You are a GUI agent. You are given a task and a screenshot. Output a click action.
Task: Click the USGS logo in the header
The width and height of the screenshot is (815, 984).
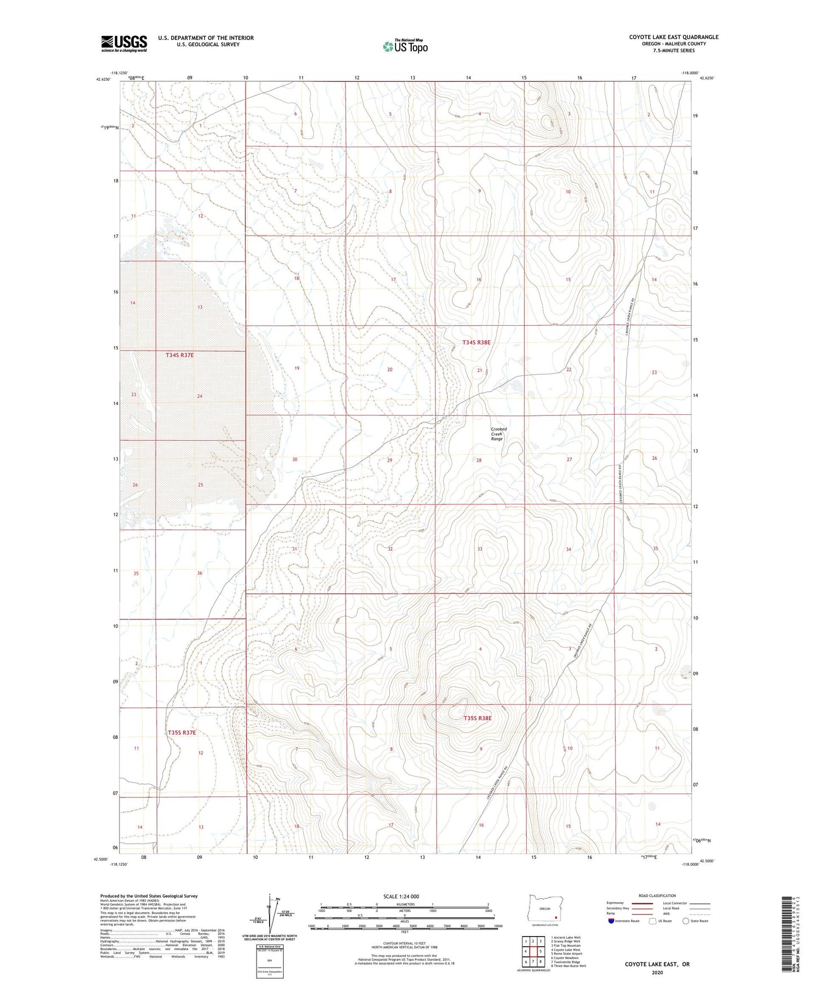point(124,43)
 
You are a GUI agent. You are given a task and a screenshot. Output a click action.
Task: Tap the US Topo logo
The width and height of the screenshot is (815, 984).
point(404,46)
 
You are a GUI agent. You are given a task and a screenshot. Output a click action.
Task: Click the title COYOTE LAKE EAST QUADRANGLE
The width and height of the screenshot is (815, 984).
point(673,37)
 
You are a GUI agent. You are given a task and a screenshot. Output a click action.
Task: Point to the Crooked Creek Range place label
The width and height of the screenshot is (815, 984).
point(499,433)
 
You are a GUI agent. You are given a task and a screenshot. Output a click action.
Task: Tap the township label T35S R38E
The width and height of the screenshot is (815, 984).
point(478,718)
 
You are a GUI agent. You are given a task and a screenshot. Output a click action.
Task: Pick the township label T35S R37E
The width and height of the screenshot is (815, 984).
point(182,733)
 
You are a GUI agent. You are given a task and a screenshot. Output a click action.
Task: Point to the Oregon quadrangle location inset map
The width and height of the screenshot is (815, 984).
point(544,910)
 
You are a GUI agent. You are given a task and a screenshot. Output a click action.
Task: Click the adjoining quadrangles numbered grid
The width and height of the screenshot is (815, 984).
point(532,952)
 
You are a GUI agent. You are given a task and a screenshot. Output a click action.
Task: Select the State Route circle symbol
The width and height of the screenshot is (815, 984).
point(685,921)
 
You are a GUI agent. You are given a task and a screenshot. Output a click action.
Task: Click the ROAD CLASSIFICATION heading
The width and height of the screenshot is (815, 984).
point(657,896)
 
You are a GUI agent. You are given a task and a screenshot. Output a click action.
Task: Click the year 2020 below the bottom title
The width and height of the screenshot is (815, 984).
point(657,972)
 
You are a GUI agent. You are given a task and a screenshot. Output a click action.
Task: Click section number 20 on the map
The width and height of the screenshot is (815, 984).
point(389,370)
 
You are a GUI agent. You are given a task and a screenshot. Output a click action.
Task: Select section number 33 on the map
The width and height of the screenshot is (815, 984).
point(480,549)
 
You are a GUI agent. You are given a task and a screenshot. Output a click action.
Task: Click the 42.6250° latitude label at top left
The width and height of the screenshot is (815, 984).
point(103,79)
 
